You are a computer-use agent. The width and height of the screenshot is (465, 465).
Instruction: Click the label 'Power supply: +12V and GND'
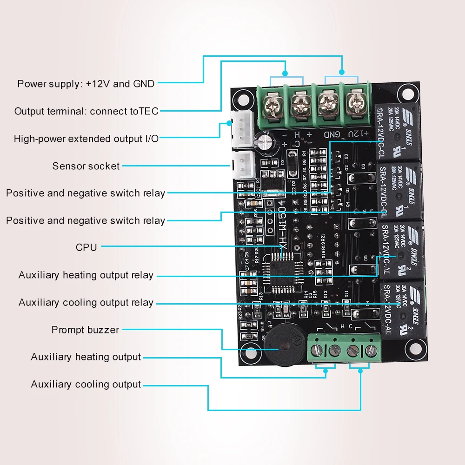(x=86, y=84)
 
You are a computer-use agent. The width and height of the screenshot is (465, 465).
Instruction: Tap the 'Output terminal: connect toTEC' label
(x=86, y=112)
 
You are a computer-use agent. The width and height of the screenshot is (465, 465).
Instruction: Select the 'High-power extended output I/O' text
(x=86, y=139)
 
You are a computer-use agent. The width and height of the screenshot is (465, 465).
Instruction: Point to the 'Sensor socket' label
(x=86, y=166)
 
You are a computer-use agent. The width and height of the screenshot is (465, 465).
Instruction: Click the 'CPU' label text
(x=86, y=247)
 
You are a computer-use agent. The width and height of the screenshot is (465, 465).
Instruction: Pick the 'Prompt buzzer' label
(x=85, y=330)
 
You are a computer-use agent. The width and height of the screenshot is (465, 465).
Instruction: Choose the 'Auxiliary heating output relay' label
(x=86, y=275)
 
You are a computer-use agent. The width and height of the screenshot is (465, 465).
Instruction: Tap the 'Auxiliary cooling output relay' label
(x=86, y=303)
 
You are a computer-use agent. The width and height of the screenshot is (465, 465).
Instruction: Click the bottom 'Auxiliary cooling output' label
(x=86, y=385)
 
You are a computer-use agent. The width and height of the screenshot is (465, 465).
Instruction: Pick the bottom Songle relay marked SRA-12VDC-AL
(x=401, y=307)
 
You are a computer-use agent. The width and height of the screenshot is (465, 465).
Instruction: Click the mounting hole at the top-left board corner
(x=242, y=99)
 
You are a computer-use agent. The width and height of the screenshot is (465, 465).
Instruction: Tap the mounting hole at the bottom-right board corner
(x=411, y=347)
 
